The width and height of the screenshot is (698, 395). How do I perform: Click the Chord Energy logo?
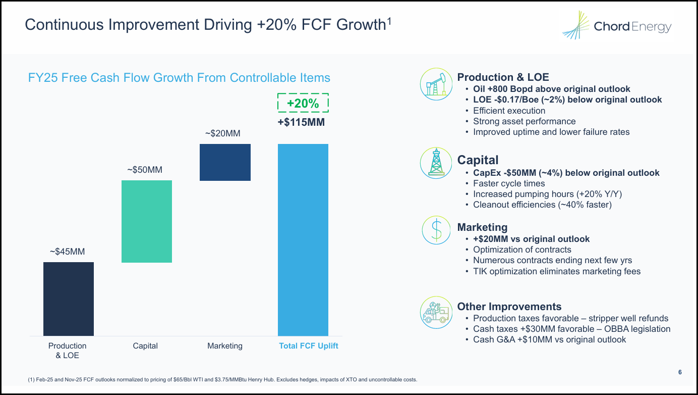617,26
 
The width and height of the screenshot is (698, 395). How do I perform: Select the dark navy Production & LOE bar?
69,299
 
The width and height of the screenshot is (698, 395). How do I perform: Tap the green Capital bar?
147,221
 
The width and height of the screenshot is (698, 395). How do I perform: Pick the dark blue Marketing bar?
225,162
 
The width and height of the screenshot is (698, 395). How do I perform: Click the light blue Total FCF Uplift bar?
303,239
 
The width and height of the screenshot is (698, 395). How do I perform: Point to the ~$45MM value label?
67,251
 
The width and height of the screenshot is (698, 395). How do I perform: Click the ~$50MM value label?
145,170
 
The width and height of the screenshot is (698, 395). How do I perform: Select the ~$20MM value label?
223,133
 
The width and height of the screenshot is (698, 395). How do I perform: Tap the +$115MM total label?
301,122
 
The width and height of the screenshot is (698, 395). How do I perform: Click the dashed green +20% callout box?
303,103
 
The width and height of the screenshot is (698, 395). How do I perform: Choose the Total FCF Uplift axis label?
309,346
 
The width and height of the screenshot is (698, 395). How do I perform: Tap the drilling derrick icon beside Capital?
436,163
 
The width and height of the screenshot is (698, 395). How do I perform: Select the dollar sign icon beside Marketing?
436,230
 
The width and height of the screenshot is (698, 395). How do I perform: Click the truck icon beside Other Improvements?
436,313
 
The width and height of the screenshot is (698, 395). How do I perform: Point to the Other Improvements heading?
509,307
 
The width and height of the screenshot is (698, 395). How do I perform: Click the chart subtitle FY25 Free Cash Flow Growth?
179,78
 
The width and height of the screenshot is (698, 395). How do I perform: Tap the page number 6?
680,372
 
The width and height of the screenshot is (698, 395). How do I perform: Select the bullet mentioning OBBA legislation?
571,329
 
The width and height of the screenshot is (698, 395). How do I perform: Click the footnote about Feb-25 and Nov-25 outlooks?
222,379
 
